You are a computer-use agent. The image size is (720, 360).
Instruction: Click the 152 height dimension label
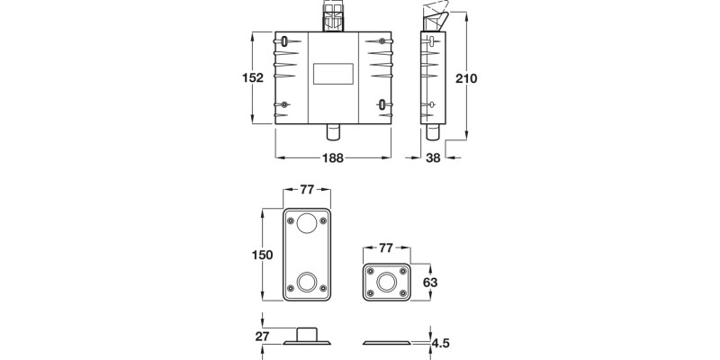click(x=253, y=78)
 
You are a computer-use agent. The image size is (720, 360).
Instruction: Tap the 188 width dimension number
click(x=333, y=158)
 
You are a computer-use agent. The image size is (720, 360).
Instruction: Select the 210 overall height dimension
click(x=465, y=78)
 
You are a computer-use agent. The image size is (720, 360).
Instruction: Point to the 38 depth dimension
click(x=433, y=158)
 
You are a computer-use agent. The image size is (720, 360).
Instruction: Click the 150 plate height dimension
click(x=261, y=256)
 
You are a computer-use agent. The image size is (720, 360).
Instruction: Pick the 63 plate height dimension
click(x=430, y=282)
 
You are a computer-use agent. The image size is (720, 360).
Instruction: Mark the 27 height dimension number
click(x=262, y=337)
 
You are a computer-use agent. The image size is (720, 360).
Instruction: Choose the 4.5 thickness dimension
click(x=440, y=343)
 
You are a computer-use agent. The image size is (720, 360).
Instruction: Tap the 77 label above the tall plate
click(x=307, y=190)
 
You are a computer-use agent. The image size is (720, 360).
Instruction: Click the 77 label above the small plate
click(x=386, y=247)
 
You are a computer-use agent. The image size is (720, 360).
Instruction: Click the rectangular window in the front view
click(x=333, y=73)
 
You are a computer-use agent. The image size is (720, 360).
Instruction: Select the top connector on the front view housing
click(x=333, y=16)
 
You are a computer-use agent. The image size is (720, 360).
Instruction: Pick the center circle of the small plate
click(x=387, y=281)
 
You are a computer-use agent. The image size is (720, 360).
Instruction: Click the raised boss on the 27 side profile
click(x=308, y=333)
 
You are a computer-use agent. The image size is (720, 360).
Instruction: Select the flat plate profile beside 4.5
click(x=387, y=343)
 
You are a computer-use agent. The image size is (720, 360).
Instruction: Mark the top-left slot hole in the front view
click(x=285, y=41)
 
